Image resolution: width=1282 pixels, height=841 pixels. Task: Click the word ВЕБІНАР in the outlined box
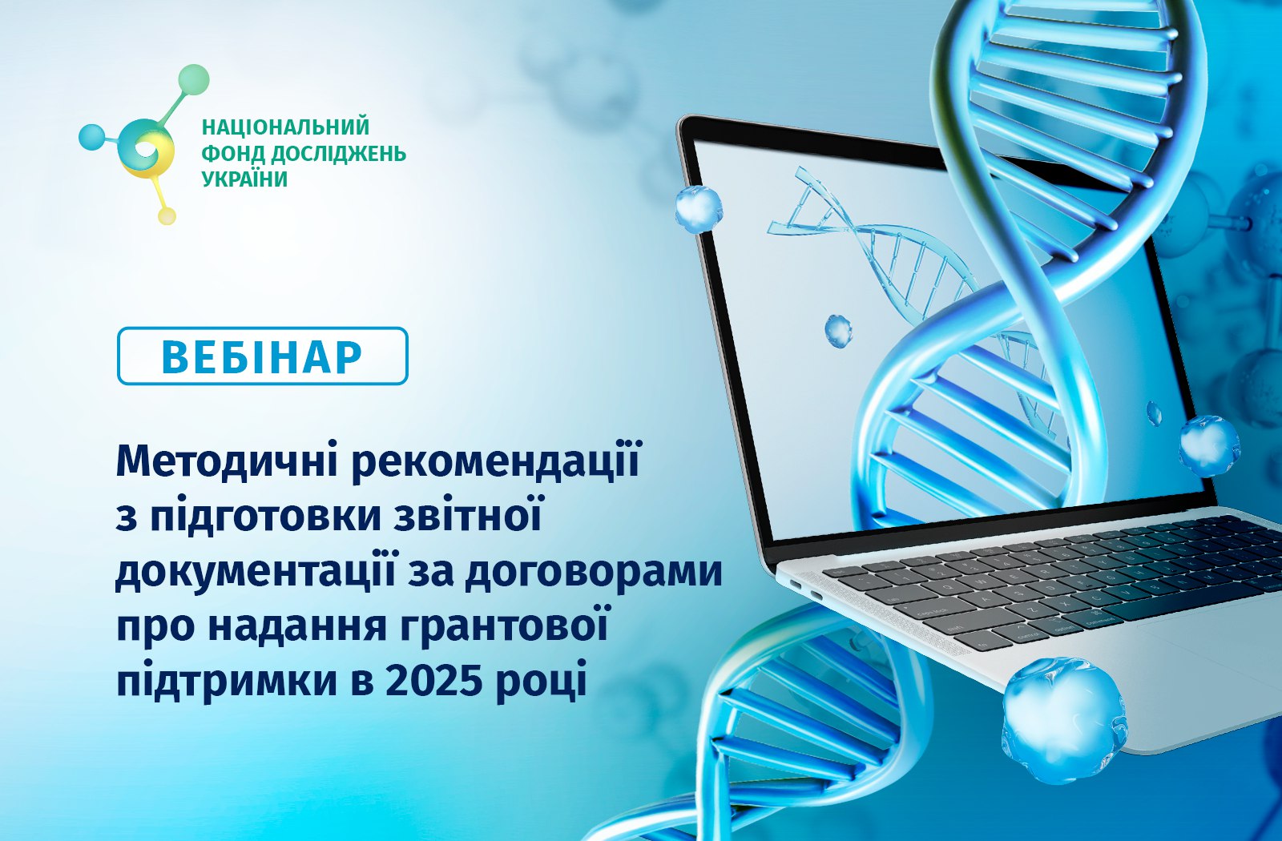[262, 357]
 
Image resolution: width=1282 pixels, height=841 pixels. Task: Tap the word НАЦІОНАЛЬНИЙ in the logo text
[285, 127]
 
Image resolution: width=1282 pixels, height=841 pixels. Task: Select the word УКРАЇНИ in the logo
[245, 179]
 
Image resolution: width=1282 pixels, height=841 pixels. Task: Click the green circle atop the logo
[193, 79]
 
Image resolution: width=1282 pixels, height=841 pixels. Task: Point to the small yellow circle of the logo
[167, 215]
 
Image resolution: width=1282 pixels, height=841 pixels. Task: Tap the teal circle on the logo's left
[92, 137]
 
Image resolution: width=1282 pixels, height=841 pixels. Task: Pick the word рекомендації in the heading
[495, 461]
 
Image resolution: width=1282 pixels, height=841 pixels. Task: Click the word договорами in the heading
[594, 572]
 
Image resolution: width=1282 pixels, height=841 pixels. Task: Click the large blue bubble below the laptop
[1065, 720]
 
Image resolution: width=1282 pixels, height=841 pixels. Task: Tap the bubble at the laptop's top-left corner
[698, 209]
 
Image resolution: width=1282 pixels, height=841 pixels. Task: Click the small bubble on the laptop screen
[838, 332]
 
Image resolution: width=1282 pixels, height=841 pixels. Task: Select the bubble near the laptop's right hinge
[1208, 445]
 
